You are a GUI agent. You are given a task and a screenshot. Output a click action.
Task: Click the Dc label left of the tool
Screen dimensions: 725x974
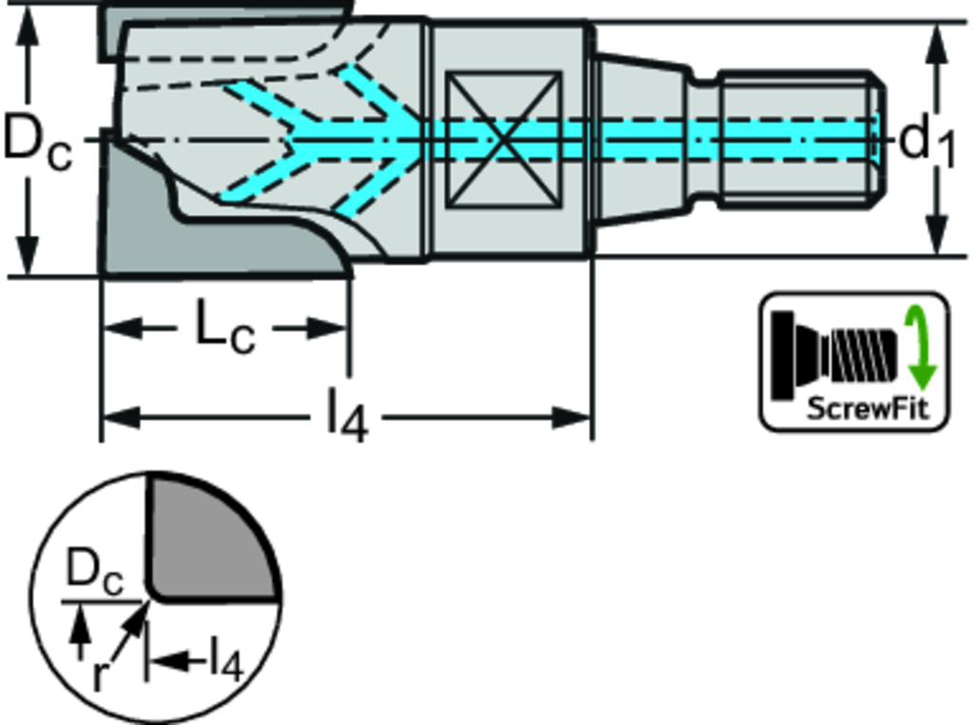tap(36, 141)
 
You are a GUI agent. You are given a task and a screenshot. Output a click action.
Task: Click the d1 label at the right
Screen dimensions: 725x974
tap(927, 143)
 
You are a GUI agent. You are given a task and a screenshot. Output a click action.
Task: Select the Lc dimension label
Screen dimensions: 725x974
tap(225, 328)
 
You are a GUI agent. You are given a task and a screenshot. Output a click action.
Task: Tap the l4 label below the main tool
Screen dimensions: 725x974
tap(346, 418)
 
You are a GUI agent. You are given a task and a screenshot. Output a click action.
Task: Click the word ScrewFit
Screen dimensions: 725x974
tap(853, 409)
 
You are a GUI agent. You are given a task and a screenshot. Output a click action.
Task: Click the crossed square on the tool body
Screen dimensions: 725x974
tap(503, 139)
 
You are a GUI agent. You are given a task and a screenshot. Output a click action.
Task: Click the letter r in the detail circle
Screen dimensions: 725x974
tap(98, 675)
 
